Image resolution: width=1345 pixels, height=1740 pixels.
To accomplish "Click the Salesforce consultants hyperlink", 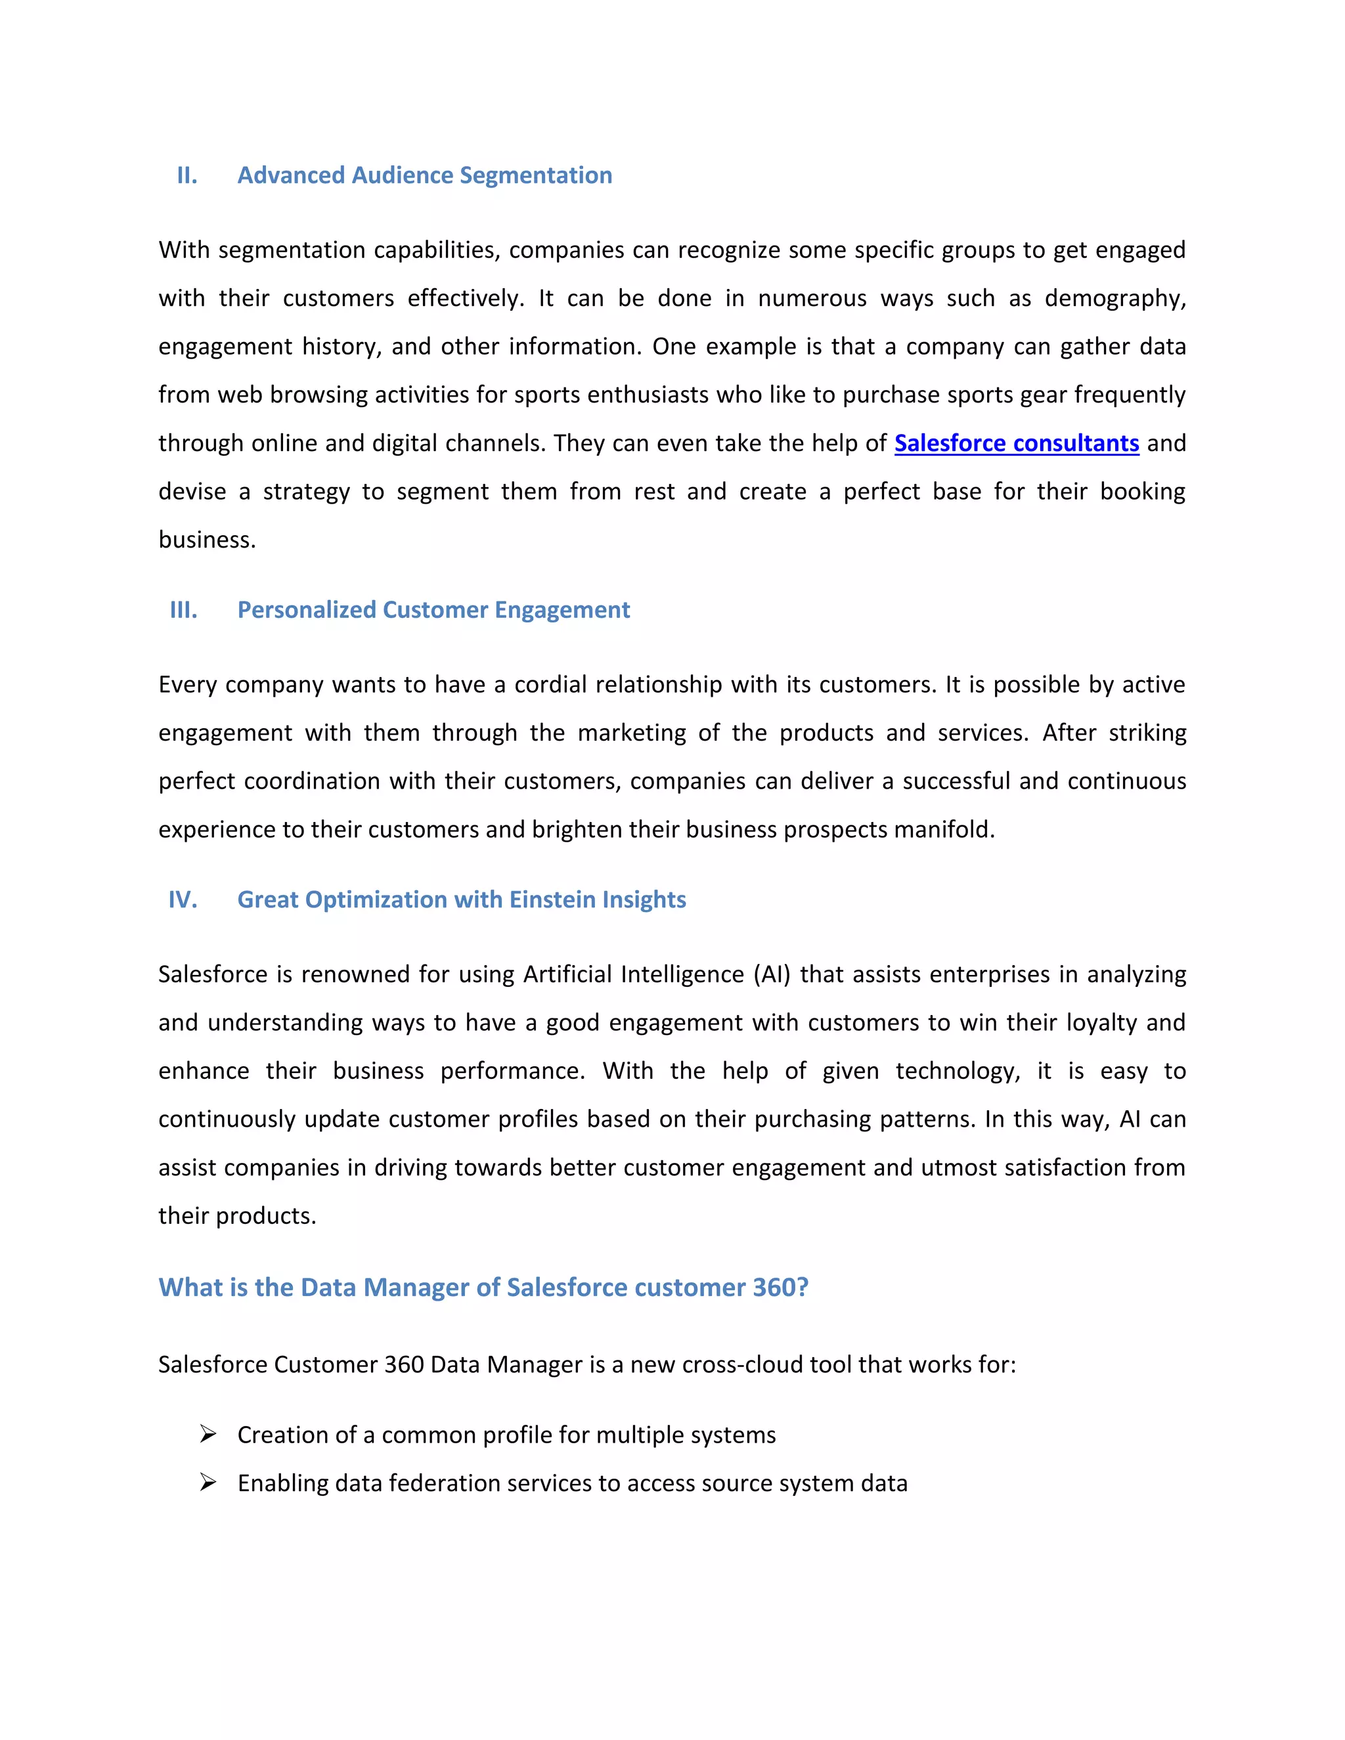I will pos(1016,443).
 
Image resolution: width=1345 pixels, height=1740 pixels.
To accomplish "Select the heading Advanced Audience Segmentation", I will pos(425,175).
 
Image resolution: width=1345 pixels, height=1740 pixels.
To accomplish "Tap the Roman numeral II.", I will pos(187,175).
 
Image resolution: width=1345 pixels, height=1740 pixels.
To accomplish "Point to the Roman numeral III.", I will pos(183,609).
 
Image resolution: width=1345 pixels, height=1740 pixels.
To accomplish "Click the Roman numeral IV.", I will pos(183,900).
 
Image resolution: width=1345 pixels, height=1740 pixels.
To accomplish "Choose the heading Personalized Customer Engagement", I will pos(433,609).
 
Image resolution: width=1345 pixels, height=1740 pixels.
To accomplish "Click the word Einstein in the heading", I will pos(552,900).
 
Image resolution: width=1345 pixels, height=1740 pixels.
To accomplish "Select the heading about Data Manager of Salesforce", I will pos(483,1287).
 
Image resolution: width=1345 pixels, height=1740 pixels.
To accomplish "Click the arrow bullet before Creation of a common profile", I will pos(208,1434).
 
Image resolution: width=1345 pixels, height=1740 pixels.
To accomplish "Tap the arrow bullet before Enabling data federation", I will pos(208,1483).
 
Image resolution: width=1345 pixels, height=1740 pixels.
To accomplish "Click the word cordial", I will pos(550,684).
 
